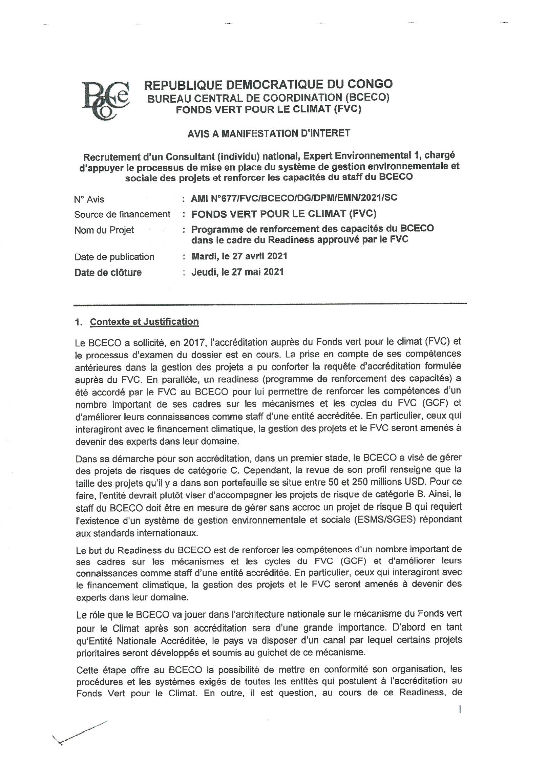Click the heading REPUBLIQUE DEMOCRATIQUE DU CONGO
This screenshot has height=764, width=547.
[x=268, y=84]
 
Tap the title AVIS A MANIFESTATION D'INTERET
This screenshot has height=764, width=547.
[x=269, y=133]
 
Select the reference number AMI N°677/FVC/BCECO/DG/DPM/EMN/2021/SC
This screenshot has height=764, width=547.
[x=294, y=198]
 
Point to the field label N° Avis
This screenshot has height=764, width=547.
[x=89, y=199]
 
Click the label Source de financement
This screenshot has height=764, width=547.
[x=122, y=214]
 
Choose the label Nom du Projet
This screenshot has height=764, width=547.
[x=104, y=230]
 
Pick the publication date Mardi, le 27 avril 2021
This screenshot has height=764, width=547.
[x=239, y=256]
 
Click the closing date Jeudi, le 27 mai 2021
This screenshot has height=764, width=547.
[x=237, y=272]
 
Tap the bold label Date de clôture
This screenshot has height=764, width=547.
[x=108, y=273]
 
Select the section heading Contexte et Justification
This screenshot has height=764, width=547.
[x=144, y=322]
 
